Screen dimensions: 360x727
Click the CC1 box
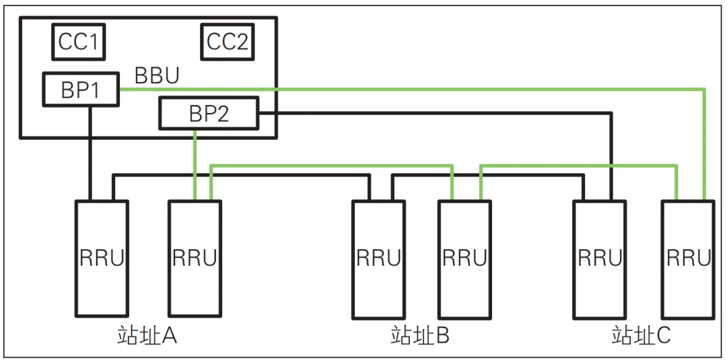coord(79,42)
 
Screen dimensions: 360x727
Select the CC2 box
coord(227,42)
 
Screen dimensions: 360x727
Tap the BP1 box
coord(81,89)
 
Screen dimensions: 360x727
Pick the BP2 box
coord(209,113)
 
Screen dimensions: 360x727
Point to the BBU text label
coord(157,75)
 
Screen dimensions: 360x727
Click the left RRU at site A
coord(101,259)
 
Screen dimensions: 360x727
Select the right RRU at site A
coord(194,259)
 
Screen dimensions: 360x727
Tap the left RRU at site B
coord(378,259)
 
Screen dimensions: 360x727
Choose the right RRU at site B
coord(464,259)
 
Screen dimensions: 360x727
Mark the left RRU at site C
coord(599,259)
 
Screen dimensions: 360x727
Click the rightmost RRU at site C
coord(688,259)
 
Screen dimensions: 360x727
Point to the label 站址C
coord(641,334)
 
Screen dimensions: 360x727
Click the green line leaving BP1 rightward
coord(404,89)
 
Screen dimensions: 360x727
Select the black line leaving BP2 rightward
coord(438,113)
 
